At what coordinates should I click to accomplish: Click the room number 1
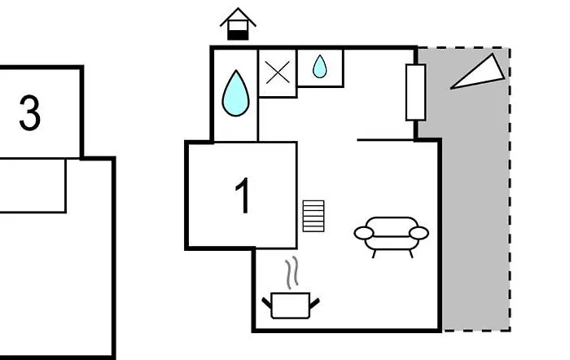243,195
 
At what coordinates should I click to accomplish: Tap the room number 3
30,115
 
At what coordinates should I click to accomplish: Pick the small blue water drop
320,67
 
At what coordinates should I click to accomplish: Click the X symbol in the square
278,73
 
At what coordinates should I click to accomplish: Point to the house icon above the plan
238,24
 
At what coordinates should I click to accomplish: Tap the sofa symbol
391,234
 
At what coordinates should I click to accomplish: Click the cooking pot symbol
290,305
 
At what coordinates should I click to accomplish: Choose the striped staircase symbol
313,216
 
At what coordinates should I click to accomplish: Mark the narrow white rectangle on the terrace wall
415,92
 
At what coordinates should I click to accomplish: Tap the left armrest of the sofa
363,234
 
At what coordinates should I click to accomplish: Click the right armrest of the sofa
419,234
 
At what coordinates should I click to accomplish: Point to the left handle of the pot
266,304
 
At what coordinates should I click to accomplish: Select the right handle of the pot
314,304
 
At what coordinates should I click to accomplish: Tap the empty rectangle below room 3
33,186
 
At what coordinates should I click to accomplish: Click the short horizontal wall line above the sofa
387,139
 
